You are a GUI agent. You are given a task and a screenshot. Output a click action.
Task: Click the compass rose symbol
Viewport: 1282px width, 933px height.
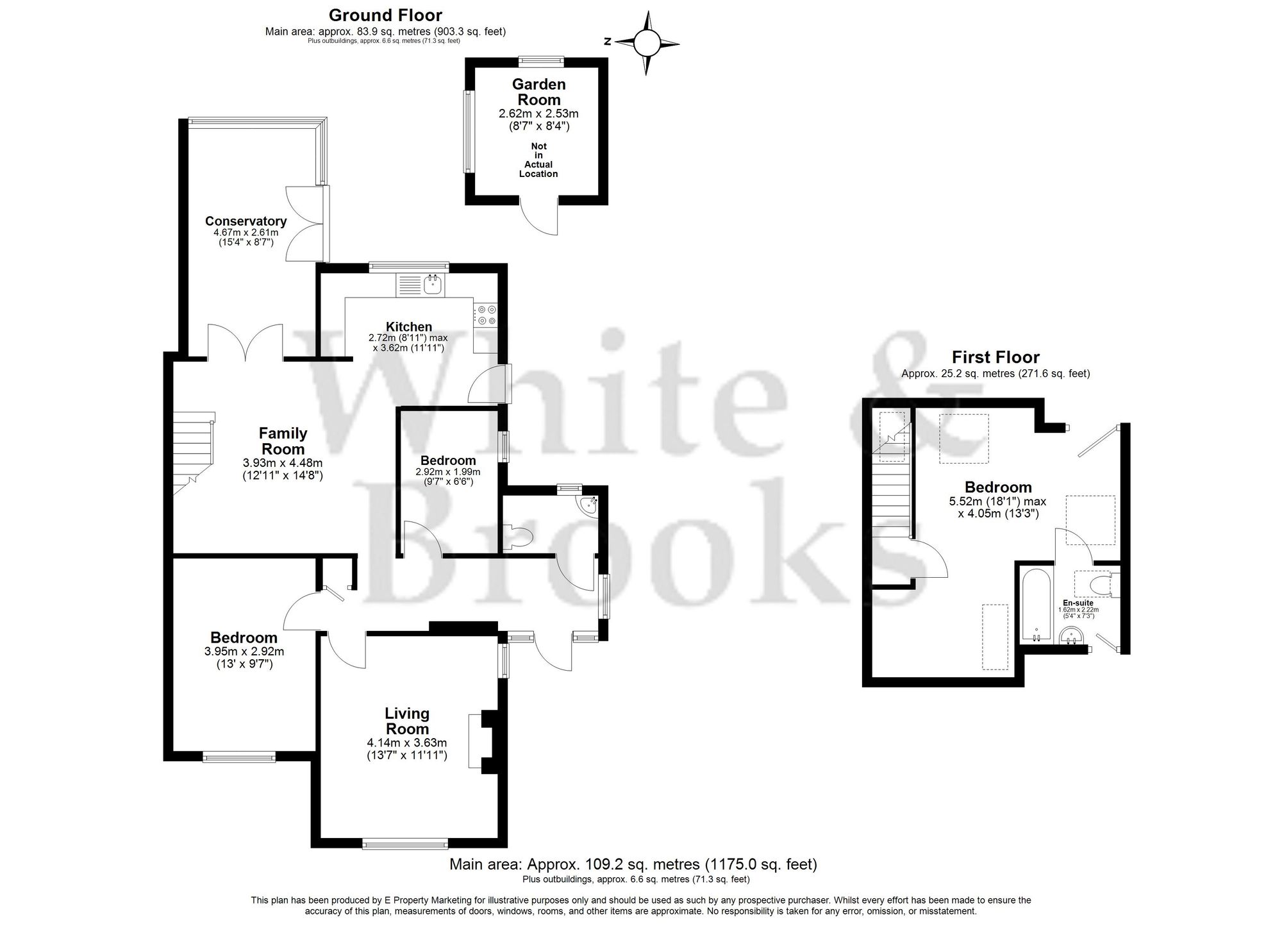coord(646,43)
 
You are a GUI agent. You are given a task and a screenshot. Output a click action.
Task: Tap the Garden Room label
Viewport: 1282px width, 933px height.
coord(538,92)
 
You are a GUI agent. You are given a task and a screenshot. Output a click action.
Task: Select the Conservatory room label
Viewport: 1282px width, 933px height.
coord(246,221)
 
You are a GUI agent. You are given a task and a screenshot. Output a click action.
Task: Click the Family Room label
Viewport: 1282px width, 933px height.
coord(283,441)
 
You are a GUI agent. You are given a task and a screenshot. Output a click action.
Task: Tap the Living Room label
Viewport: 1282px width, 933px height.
coord(407,721)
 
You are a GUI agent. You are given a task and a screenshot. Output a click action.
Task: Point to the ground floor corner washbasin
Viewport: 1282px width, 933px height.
coord(588,506)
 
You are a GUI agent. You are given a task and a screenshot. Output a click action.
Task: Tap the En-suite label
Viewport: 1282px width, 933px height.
coord(1078,603)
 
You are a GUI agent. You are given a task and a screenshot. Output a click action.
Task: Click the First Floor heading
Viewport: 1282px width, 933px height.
coord(995,357)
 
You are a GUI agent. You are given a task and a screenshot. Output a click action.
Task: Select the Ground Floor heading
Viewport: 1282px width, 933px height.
coord(385,15)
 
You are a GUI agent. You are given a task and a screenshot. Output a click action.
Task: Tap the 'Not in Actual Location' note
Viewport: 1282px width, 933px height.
coord(538,160)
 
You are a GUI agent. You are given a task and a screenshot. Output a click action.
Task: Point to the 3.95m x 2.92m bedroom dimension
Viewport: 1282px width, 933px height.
coord(244,651)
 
